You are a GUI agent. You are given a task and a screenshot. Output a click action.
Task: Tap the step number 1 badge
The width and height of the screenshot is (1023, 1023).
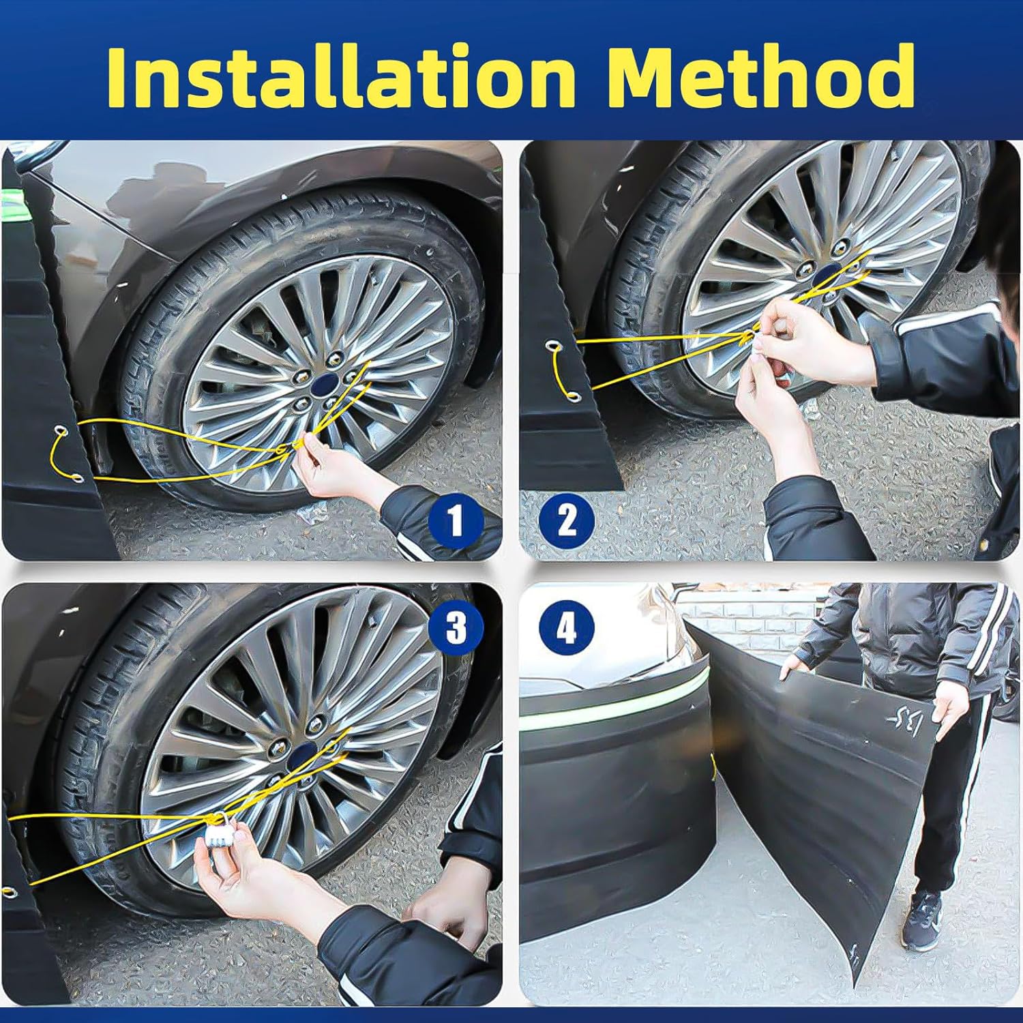coord(456,522)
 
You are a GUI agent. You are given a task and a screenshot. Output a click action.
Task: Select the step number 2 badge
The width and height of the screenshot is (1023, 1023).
coord(567,522)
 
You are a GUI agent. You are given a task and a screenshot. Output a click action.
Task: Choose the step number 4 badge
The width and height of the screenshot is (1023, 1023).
coord(567,627)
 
